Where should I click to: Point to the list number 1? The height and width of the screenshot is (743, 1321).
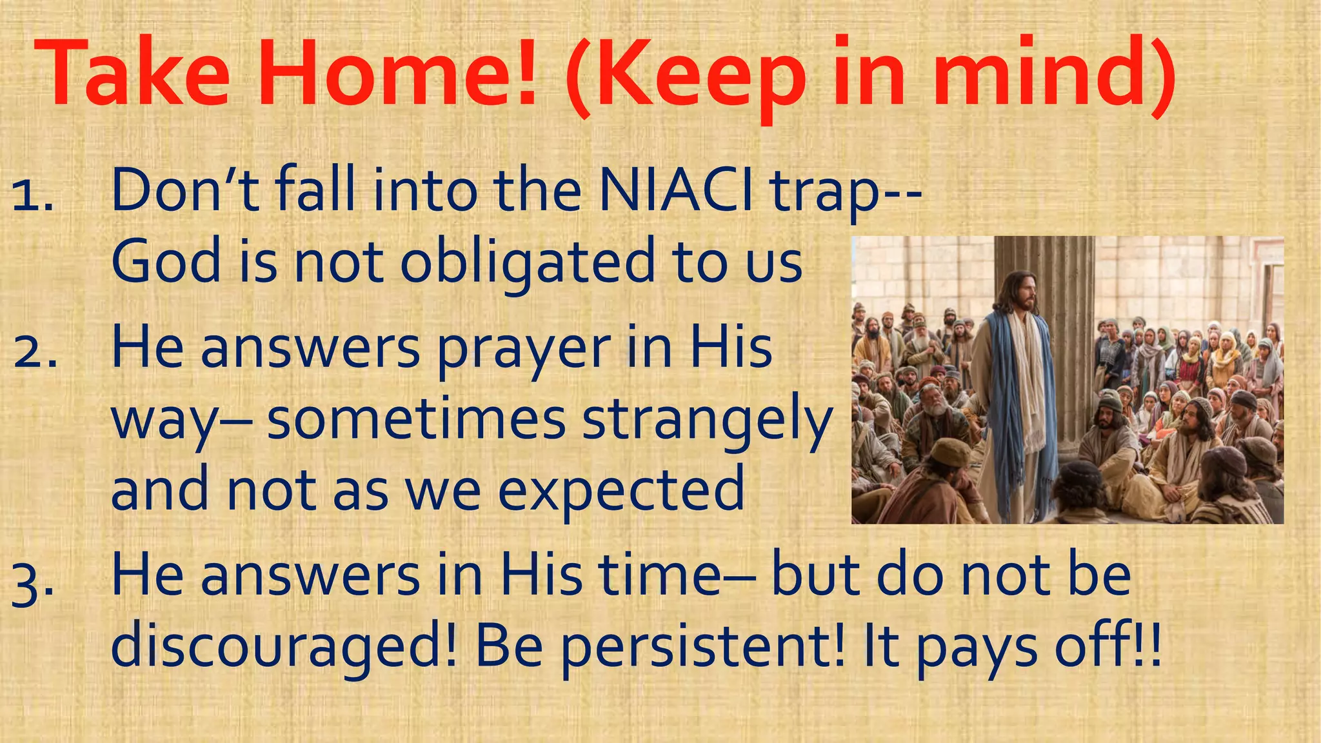click(x=32, y=196)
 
